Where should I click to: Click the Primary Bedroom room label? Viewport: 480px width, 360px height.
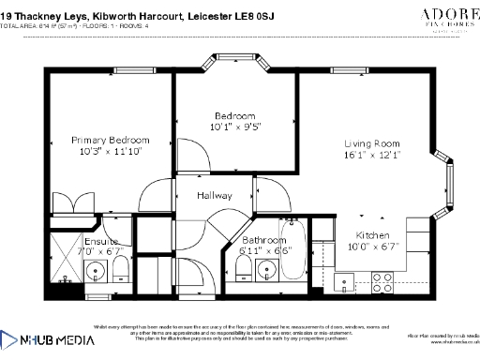tap(110, 140)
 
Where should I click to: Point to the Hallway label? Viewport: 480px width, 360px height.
tap(214, 196)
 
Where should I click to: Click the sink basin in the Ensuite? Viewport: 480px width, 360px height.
tap(94, 272)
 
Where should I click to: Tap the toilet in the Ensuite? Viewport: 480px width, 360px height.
tap(121, 271)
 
